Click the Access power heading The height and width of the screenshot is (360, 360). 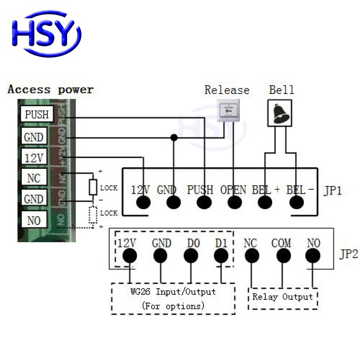coord(50,90)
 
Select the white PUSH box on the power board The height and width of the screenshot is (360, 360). coord(36,114)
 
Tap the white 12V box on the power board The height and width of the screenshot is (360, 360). coord(33,157)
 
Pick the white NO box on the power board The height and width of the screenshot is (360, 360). coord(33,220)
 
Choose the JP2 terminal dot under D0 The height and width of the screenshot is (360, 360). coord(191,256)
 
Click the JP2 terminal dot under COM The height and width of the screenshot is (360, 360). coord(282,256)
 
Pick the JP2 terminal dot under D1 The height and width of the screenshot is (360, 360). coord(221,256)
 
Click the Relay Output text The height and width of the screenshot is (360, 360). coord(282,297)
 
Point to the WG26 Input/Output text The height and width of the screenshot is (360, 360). coord(173,292)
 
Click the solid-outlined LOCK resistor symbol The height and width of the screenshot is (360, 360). coord(93,187)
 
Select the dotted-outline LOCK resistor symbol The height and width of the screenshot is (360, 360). coord(93,215)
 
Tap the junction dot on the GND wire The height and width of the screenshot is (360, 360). coord(174,137)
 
